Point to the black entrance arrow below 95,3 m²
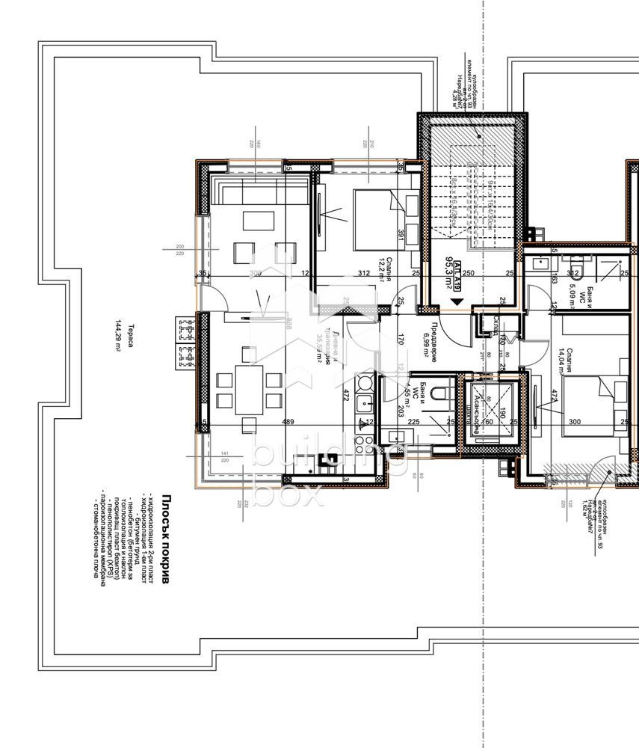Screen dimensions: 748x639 [457, 303]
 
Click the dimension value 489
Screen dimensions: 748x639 [288, 423]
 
